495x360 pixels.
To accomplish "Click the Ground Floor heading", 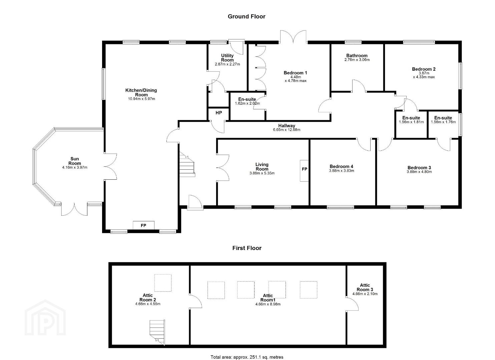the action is [246, 17].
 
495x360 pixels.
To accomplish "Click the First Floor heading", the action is [247, 248].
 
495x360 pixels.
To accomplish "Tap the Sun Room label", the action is [75, 161].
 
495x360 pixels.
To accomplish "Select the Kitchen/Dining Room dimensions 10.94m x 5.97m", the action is [141, 99].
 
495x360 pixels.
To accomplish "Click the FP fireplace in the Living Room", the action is [304, 171].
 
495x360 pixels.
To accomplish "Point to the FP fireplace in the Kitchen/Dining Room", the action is [143, 225].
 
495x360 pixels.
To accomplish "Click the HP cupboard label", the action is [218, 113].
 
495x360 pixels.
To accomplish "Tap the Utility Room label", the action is [227, 58].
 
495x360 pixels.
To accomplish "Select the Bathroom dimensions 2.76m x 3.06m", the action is [357, 60].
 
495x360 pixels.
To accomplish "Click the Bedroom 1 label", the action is [296, 73].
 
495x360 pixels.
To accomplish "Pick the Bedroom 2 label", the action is [424, 69].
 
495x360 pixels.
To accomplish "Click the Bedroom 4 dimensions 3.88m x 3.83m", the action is [342, 171].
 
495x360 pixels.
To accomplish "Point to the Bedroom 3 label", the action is [419, 168].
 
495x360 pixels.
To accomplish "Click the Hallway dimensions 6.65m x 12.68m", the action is [287, 130].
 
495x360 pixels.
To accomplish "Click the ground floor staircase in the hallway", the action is [187, 165].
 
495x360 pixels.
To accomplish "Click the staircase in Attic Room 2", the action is [157, 332].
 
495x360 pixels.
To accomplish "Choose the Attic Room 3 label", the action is [365, 287].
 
